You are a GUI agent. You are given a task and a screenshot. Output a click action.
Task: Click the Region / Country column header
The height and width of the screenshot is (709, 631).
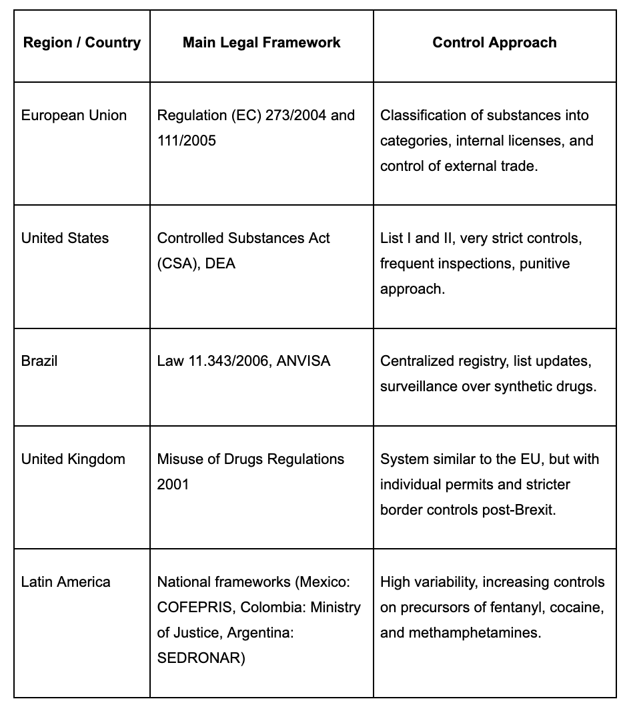(82, 43)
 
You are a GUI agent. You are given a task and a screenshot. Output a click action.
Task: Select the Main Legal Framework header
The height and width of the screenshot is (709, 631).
(261, 43)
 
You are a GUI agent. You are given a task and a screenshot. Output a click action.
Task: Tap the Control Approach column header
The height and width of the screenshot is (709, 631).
(494, 43)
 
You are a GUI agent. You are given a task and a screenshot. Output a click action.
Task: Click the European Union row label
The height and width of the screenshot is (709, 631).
(74, 115)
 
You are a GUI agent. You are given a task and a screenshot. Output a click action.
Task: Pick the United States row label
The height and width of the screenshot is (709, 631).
(65, 238)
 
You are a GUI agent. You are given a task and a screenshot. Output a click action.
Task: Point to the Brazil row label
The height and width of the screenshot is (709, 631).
(39, 361)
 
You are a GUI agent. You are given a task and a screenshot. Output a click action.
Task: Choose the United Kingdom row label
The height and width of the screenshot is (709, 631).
(73, 459)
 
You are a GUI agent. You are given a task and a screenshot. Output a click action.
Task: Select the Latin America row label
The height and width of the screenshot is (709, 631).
(66, 582)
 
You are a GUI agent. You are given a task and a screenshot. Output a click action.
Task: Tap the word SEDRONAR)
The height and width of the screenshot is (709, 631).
(201, 658)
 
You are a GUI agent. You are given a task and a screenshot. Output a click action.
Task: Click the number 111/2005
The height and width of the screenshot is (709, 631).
(187, 141)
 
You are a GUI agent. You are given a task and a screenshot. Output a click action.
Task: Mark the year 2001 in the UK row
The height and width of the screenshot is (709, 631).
(173, 485)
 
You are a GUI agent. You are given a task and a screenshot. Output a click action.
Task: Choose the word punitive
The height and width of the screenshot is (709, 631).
(546, 264)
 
